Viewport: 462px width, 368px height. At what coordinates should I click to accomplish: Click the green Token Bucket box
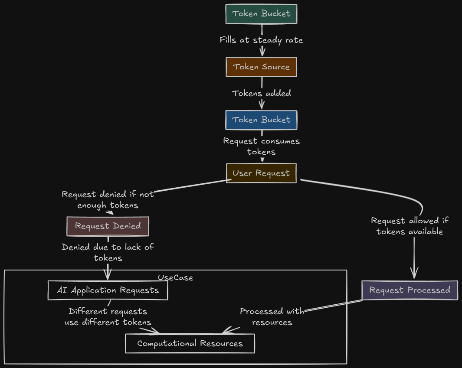[261, 14]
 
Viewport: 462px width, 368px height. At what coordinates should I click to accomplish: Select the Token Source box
[261, 67]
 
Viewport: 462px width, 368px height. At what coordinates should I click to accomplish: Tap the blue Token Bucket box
[261, 120]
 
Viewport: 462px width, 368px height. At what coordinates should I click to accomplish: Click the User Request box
[261, 173]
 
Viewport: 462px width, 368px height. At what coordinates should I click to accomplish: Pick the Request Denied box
[108, 226]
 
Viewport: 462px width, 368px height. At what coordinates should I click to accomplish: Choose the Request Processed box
[410, 290]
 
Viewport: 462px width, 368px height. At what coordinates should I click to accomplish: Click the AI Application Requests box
[108, 290]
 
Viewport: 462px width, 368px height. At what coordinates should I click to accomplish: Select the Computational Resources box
[190, 344]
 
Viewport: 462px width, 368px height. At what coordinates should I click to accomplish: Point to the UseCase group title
[175, 278]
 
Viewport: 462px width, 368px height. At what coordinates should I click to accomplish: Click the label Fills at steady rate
[261, 40]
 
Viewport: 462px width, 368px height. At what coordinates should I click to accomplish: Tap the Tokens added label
[261, 93]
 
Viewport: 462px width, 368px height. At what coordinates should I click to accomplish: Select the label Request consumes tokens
[261, 147]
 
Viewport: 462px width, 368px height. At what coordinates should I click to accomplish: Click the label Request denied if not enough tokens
[108, 199]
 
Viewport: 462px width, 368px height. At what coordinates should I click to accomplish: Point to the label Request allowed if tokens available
[410, 226]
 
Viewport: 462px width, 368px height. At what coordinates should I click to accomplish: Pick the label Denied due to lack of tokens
[108, 253]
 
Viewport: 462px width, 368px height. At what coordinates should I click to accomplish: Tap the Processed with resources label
[272, 317]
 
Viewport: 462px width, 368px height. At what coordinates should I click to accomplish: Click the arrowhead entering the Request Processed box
[414, 274]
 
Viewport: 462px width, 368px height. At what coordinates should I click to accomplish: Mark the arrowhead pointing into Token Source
[262, 52]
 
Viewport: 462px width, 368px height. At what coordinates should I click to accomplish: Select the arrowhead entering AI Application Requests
[108, 275]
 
